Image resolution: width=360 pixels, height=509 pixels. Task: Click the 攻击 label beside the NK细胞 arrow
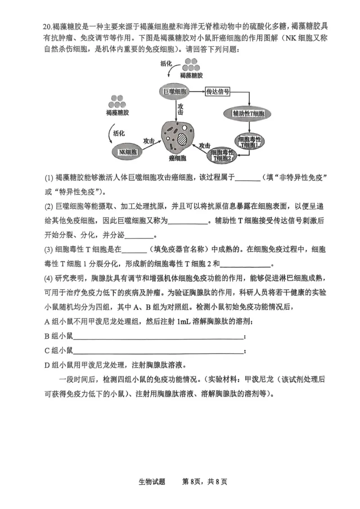click(149, 141)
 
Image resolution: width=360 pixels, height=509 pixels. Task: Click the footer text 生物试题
click(152, 482)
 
